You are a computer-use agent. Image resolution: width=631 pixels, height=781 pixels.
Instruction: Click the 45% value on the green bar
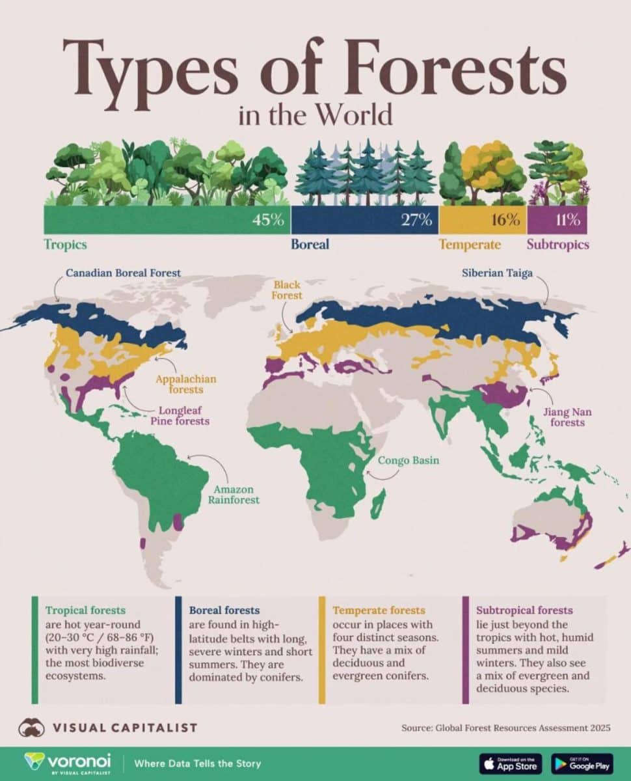pos(269,220)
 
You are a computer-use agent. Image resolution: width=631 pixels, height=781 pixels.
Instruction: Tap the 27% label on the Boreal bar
pos(416,220)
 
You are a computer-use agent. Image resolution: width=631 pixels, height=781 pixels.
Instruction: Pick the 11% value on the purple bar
pos(567,220)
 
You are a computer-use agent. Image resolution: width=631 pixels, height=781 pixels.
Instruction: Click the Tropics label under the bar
pos(65,245)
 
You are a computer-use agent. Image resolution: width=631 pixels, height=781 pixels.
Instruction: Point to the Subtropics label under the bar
pos(557,245)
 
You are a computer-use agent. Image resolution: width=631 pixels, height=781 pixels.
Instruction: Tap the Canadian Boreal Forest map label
pos(123,273)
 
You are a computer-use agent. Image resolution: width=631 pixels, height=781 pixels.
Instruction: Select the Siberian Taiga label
pos(497,273)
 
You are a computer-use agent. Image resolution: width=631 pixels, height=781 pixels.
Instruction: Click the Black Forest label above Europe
pos(288,290)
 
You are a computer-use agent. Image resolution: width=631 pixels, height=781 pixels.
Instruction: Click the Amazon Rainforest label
pos(234,495)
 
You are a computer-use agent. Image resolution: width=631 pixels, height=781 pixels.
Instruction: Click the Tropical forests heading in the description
pos(85,610)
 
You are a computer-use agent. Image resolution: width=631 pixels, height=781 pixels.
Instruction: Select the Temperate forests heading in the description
pos(379,610)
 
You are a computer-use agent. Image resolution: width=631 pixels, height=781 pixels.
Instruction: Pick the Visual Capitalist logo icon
pos(31,727)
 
